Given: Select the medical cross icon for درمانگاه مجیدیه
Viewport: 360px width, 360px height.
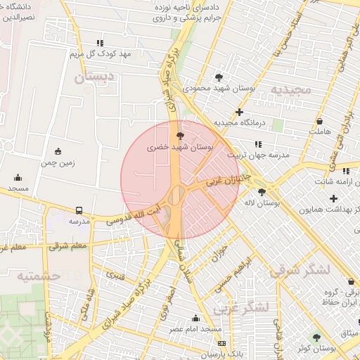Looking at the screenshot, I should click(x=240, y=112).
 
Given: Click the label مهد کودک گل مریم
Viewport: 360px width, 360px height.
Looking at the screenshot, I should click(x=101, y=54).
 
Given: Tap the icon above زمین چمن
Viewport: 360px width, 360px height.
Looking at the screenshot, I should click(x=57, y=150).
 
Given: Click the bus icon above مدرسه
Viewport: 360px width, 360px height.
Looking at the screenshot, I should click(x=78, y=210).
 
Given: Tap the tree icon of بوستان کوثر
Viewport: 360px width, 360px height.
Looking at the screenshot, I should click(x=316, y=337).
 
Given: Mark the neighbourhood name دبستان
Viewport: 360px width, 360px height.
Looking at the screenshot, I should click(x=89, y=78).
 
